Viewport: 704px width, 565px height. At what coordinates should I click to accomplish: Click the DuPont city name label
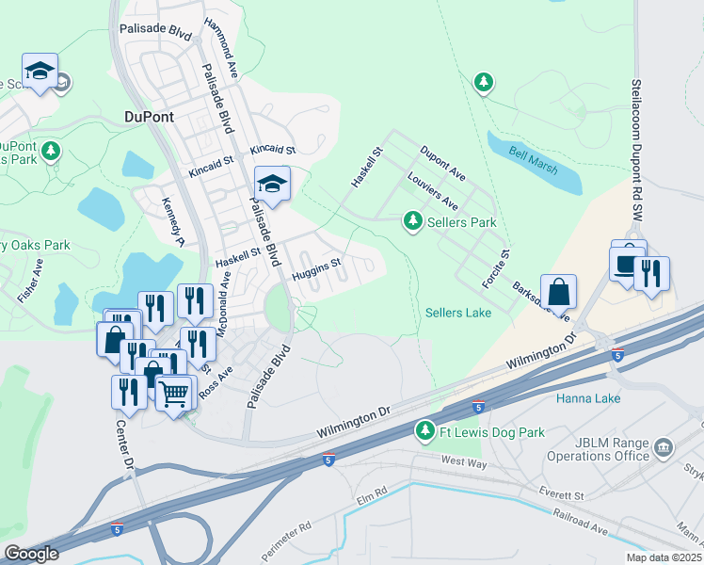pyautogui.click(x=152, y=118)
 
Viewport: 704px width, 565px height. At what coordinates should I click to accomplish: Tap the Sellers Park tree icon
pyautogui.click(x=412, y=221)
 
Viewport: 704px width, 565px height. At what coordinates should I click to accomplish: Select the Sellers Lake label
pyautogui.click(x=458, y=313)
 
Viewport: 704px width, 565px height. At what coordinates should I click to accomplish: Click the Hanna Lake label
pyautogui.click(x=587, y=398)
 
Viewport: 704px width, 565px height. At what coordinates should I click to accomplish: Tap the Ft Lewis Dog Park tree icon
pyautogui.click(x=425, y=432)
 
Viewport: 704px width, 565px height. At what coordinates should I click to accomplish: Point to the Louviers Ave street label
pyautogui.click(x=432, y=191)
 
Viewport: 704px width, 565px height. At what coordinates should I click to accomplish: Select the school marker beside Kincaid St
pyautogui.click(x=272, y=183)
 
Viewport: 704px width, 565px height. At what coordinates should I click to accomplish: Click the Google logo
pyautogui.click(x=32, y=554)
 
